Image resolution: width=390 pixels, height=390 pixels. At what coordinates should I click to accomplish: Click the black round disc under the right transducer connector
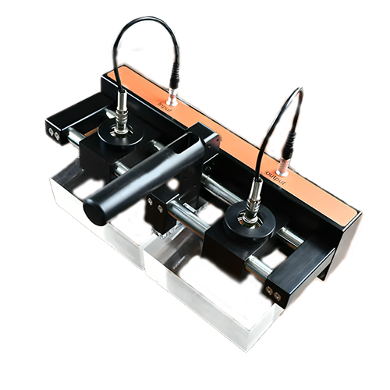click(x=250, y=222)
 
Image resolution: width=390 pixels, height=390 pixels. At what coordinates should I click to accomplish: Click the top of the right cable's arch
click(x=292, y=92)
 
